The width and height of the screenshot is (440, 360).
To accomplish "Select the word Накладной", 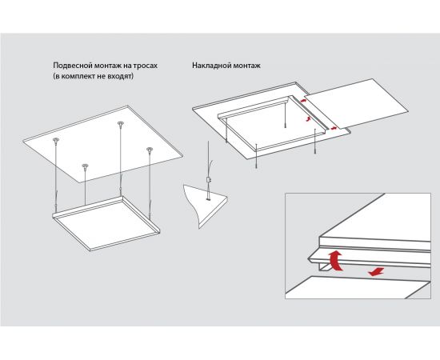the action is click(x=208, y=66).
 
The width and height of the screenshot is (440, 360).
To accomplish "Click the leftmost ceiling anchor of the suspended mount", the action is click(x=56, y=139).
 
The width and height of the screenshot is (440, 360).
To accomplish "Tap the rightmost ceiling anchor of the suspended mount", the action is click(x=150, y=149).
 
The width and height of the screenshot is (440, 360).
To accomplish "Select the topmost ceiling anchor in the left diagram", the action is click(x=121, y=123).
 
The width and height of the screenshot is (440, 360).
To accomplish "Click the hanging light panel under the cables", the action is click(x=106, y=222).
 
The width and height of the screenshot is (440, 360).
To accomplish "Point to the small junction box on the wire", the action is click(x=208, y=179).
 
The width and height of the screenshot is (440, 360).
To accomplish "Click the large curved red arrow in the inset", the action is click(x=336, y=261).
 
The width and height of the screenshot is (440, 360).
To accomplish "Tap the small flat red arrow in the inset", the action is click(x=376, y=272).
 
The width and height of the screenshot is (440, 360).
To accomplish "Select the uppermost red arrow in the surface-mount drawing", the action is click(x=303, y=100).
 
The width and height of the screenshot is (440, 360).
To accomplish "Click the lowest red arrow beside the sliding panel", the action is click(x=334, y=128).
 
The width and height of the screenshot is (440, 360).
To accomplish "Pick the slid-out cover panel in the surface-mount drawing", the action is click(x=356, y=103).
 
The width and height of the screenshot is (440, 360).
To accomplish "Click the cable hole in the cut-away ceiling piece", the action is click(x=208, y=199).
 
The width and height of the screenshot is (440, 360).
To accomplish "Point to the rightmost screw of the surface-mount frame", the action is click(x=316, y=142).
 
